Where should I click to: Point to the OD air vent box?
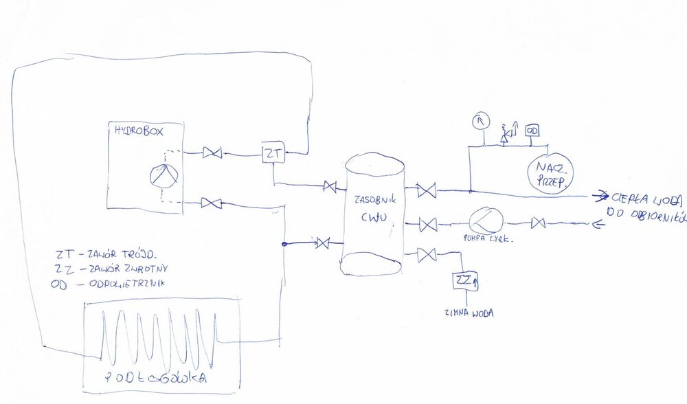(x=532, y=130)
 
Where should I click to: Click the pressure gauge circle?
(x=480, y=121)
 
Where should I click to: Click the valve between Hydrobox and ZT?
(x=212, y=154)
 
